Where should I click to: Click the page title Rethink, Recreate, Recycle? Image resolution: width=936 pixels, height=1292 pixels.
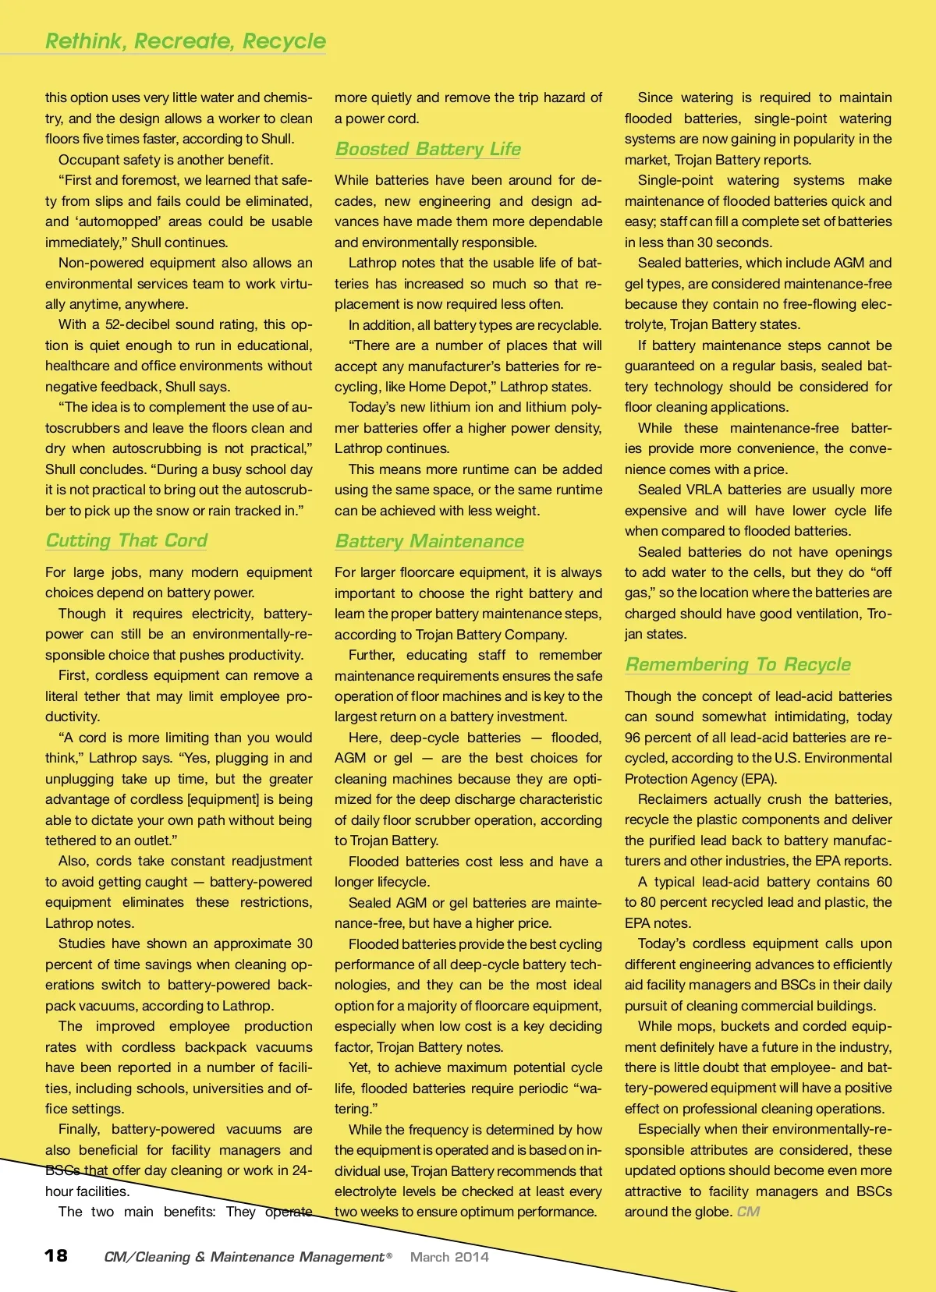coord(186,41)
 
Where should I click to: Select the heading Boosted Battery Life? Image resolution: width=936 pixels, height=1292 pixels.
coord(427,149)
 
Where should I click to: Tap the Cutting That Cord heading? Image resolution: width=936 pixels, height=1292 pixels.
coord(126,540)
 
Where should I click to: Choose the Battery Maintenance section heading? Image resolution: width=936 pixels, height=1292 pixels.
coord(429,541)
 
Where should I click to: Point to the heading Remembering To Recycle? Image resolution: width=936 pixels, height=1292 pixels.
coord(737,664)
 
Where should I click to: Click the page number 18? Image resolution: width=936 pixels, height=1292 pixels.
coord(56,1255)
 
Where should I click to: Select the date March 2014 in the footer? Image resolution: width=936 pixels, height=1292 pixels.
coord(449,1257)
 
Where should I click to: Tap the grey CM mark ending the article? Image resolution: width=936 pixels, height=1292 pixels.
coord(748,1212)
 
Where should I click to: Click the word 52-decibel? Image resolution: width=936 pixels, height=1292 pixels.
coord(129,324)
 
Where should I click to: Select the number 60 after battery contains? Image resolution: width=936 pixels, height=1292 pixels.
coord(884,882)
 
